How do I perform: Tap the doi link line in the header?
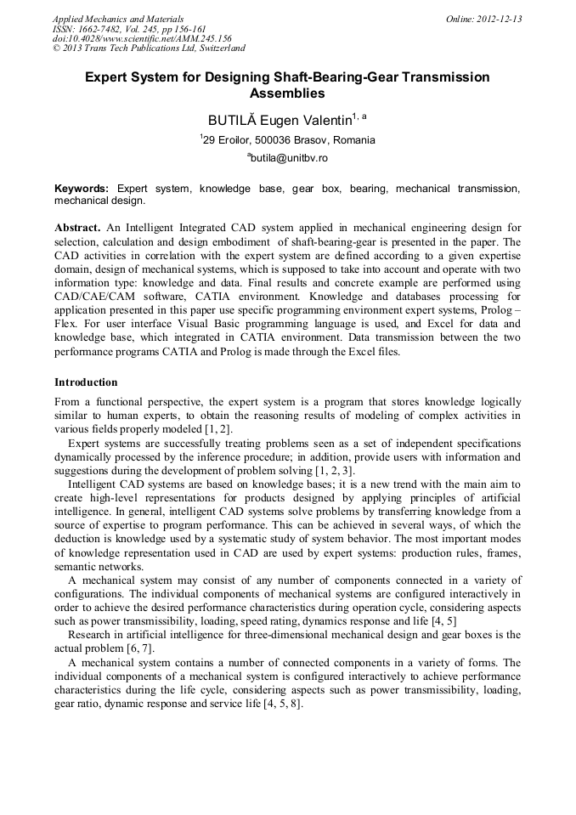(x=142, y=39)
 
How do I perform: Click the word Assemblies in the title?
(x=287, y=93)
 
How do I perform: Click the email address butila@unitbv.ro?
(x=289, y=158)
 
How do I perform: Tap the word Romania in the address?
(x=353, y=139)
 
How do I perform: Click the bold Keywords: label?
(x=82, y=188)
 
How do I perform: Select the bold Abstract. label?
(x=77, y=229)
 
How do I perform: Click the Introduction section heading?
(x=86, y=382)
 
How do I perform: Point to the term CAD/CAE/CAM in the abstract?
(x=89, y=297)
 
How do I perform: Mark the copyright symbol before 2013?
(x=57, y=49)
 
